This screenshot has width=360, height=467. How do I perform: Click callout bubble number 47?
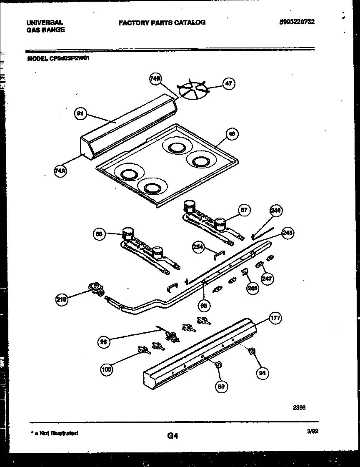coord(228,83)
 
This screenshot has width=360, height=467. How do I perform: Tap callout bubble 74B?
coord(155,80)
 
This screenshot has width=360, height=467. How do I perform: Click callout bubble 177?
coord(275,319)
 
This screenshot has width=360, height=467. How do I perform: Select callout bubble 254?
coord(198,247)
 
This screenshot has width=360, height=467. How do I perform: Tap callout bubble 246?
coord(275,211)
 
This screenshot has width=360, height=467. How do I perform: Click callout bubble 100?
coord(107,369)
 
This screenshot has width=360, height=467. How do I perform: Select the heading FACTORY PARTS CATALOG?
coord(162,23)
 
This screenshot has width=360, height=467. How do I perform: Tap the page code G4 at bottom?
coord(172,436)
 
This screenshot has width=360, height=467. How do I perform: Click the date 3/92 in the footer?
coord(312,432)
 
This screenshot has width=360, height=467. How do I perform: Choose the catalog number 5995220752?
coord(296,22)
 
